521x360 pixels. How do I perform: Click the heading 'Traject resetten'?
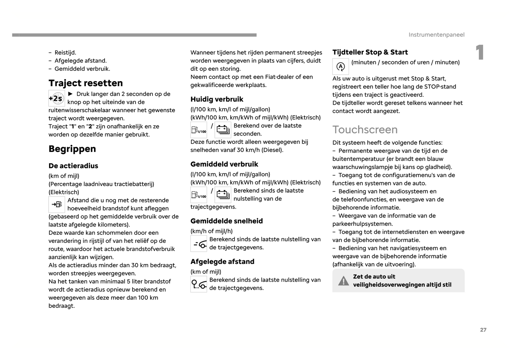[85, 83]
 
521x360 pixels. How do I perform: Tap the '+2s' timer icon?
[57, 98]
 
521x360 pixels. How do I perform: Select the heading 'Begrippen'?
[72, 149]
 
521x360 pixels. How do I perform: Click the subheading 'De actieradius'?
[73, 166]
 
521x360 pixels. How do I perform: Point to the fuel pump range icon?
[57, 205]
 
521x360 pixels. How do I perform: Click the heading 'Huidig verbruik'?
[217, 99]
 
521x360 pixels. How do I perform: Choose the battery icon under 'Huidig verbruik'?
[223, 130]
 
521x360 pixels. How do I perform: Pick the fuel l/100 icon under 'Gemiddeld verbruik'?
[199, 195]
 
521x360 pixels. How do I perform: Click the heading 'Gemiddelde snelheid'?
[226, 221]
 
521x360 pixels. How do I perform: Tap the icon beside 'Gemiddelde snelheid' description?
[199, 244]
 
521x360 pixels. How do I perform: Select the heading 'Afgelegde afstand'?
[222, 262]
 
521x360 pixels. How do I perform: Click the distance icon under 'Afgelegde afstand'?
[199, 284]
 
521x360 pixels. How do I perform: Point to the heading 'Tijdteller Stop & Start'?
[370, 52]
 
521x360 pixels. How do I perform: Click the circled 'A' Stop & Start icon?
[340, 67]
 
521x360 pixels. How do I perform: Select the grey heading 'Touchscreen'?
[365, 129]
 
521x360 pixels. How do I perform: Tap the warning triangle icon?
[343, 281]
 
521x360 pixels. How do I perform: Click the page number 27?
[483, 330]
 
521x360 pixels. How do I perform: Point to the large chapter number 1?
[480, 53]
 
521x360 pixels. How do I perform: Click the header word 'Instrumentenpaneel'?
[436, 35]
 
